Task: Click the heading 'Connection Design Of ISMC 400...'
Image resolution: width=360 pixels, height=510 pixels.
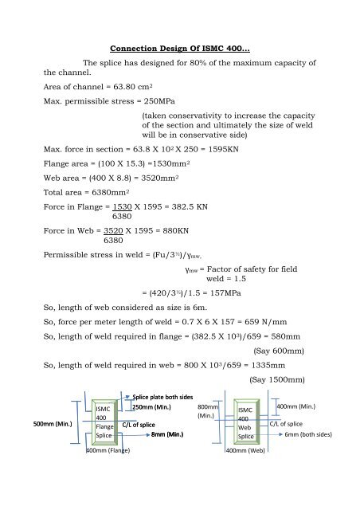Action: pos(180,52)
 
